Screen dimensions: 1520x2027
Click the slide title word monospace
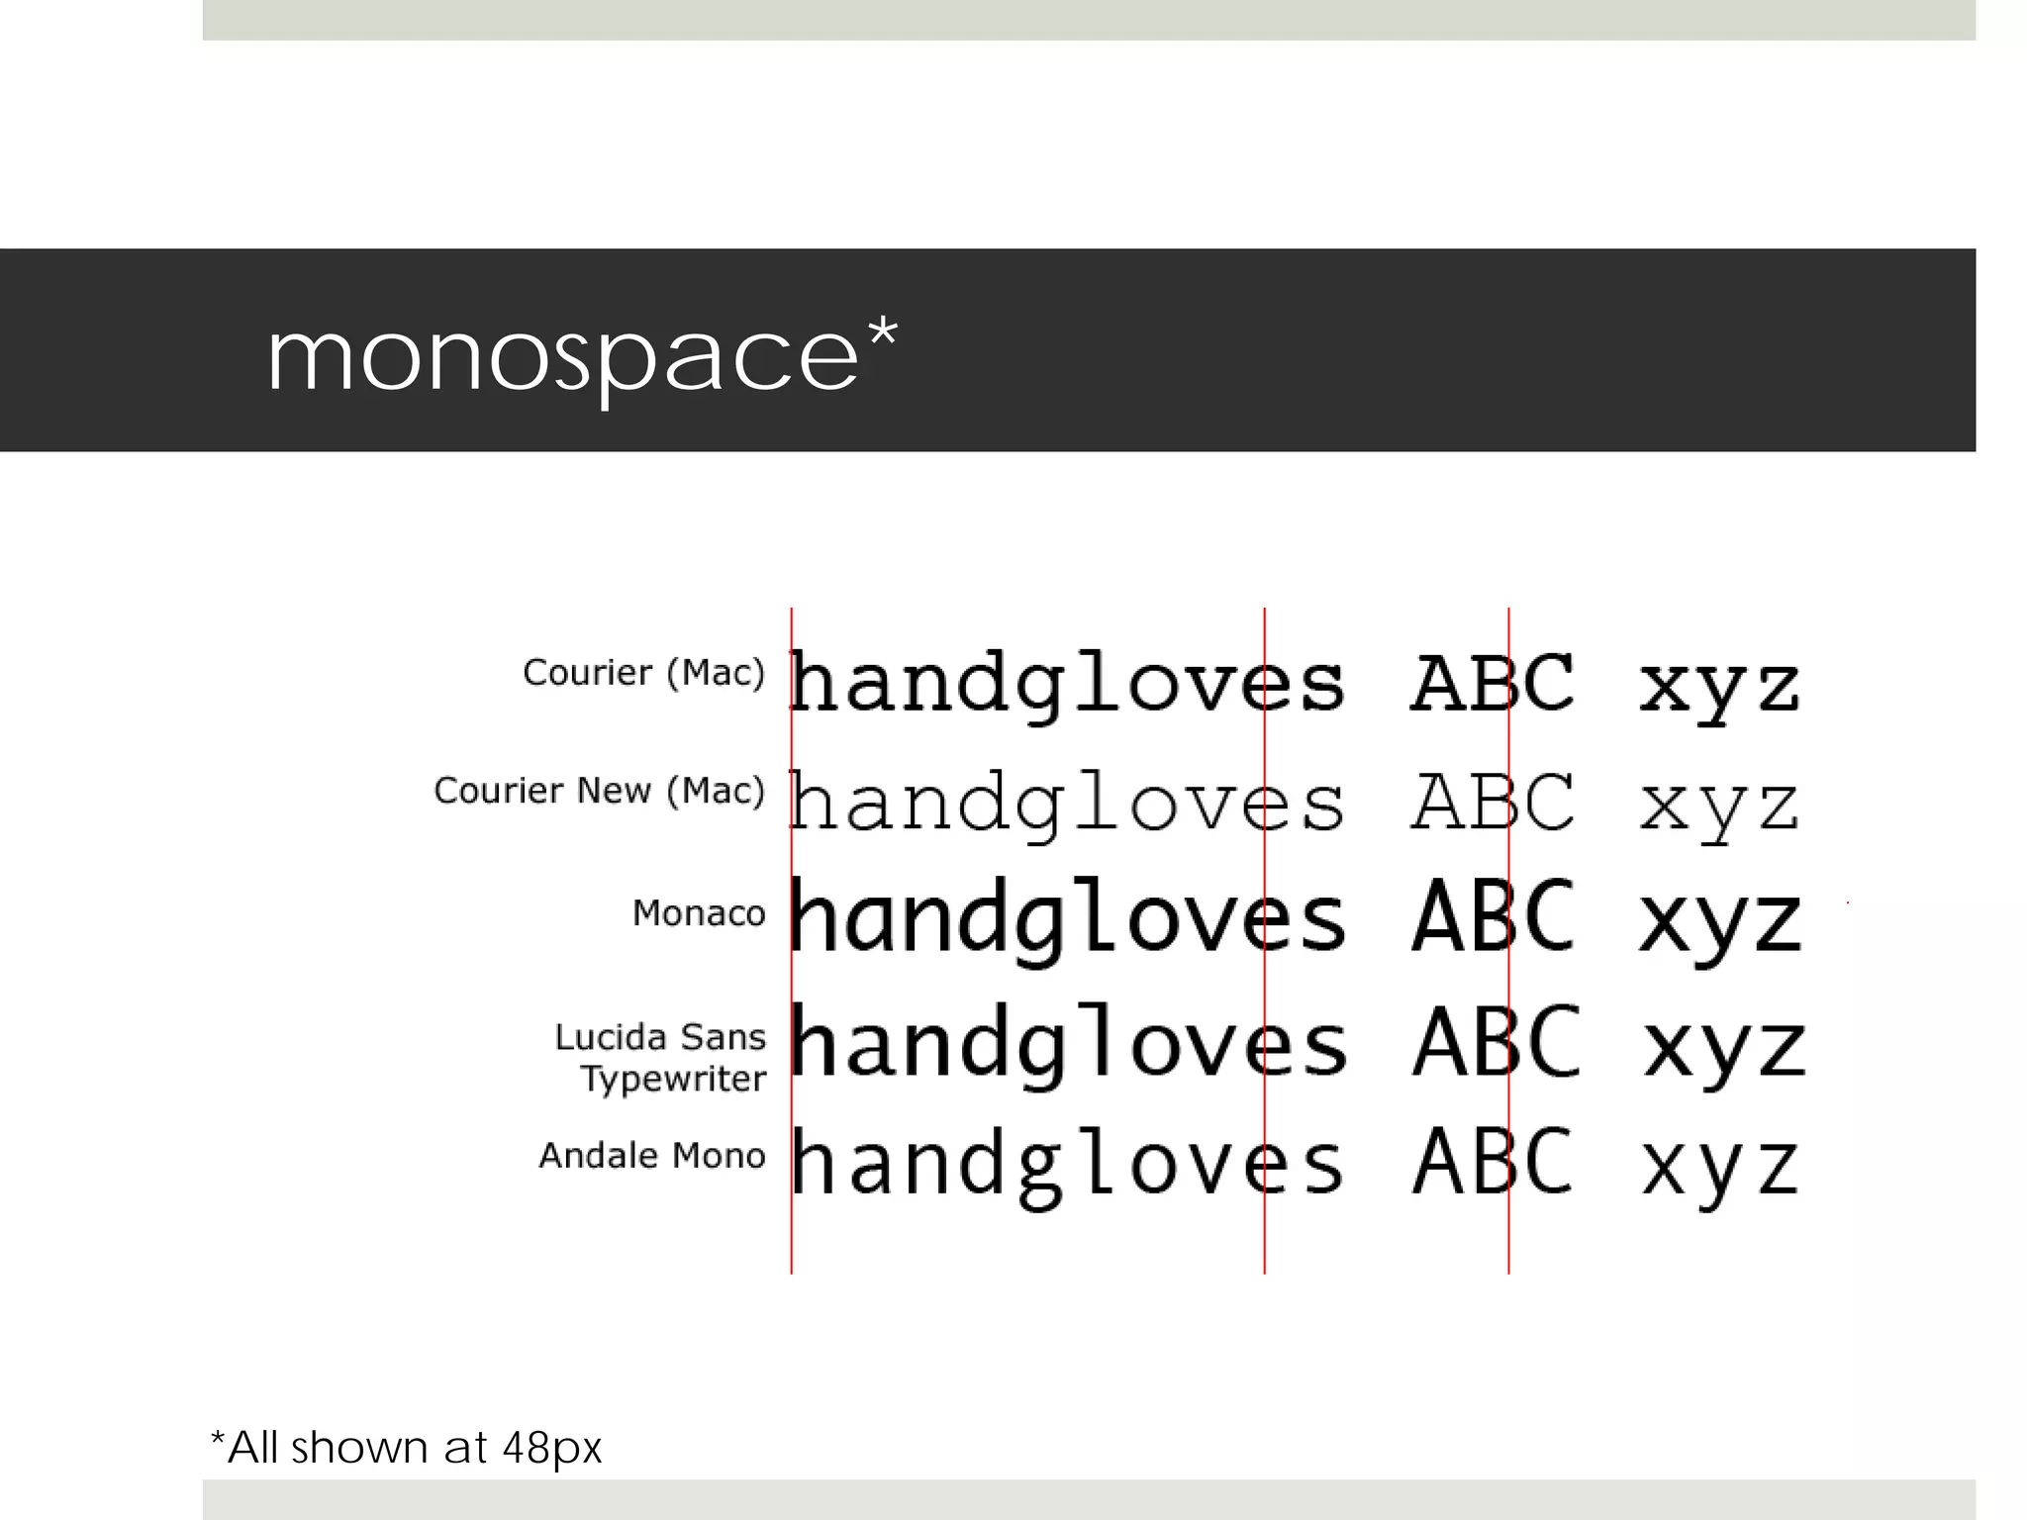[562, 358]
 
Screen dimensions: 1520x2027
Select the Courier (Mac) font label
[643, 673]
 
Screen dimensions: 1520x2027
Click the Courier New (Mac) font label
[599, 791]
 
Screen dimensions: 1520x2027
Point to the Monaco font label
[699, 913]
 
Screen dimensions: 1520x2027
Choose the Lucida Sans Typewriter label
[661, 1057]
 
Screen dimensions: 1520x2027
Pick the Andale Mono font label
[652, 1156]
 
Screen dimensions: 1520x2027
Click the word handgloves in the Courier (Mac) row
[1067, 685]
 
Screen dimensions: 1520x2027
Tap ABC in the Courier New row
[1493, 803]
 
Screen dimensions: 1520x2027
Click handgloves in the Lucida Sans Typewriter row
[1069, 1045]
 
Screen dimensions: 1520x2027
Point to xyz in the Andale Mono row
[1720, 1168]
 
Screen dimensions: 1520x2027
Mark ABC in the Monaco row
[1493, 917]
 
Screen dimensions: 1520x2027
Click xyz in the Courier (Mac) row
[1719, 688]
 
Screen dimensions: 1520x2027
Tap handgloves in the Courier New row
[1067, 804]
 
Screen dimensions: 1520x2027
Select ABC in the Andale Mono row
[1493, 1162]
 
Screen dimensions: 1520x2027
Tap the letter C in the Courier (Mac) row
[1545, 683]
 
